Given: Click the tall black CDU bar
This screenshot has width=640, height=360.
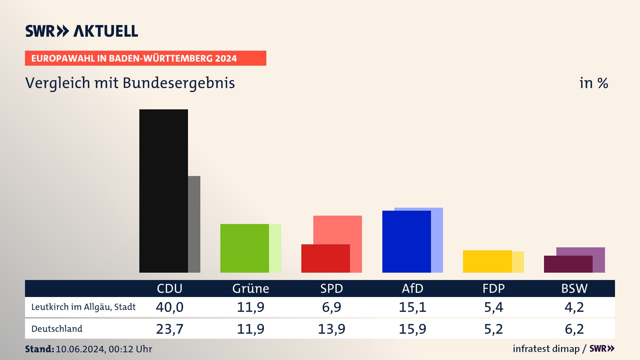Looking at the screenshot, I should coord(163,191).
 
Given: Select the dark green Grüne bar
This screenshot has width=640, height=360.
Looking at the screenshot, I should coord(244,248).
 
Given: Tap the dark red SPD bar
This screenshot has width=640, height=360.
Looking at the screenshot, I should coord(325,258).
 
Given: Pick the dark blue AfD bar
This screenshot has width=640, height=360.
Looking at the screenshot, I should coord(406,241).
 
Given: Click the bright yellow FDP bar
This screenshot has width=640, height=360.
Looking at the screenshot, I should coord(487,261).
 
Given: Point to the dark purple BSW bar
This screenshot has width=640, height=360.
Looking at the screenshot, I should coord(568,264).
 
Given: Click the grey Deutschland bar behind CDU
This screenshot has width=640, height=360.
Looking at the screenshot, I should coord(194,224).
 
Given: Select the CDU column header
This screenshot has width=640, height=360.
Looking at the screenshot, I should coord(170,288).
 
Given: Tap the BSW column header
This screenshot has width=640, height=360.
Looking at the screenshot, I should coord(574,288).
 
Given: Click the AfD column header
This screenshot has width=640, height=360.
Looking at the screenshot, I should coord(412,288).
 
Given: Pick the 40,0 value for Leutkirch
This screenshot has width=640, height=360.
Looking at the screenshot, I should coord(170,307).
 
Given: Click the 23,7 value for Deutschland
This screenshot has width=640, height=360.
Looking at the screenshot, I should coord(170,329).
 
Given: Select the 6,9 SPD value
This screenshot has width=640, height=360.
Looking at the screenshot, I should coord(331,307).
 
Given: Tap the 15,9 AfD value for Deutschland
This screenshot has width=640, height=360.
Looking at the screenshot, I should coord(412,329).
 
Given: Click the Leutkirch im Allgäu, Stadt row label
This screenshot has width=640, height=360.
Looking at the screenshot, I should coord(83,307).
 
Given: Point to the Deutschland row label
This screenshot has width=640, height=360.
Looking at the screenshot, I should coord(57,329).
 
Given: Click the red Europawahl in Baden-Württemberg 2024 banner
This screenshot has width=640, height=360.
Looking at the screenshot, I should coord(145,58).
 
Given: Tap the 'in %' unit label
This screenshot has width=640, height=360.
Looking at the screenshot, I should coord(594,83).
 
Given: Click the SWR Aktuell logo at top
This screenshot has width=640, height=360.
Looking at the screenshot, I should coord(82,31).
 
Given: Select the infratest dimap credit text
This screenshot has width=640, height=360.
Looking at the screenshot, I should coord(546,349).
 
